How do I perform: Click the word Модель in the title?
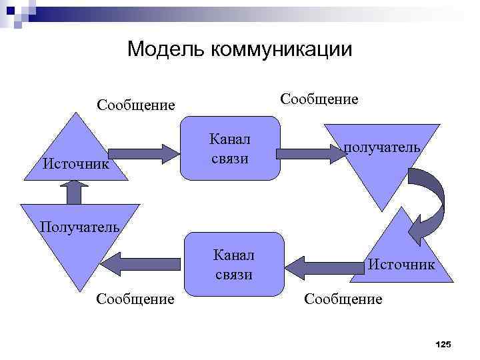[x=165, y=49]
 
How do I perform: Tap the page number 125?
[x=442, y=344]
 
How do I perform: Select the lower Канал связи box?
[x=233, y=265]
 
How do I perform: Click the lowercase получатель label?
[x=382, y=147]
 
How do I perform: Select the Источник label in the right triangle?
[x=401, y=265]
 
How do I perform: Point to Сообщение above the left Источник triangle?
[x=135, y=105]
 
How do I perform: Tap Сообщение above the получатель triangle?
[x=319, y=99]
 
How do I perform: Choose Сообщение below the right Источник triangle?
[x=343, y=299]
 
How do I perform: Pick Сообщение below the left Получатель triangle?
[x=135, y=299]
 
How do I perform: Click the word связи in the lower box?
[x=233, y=273]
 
